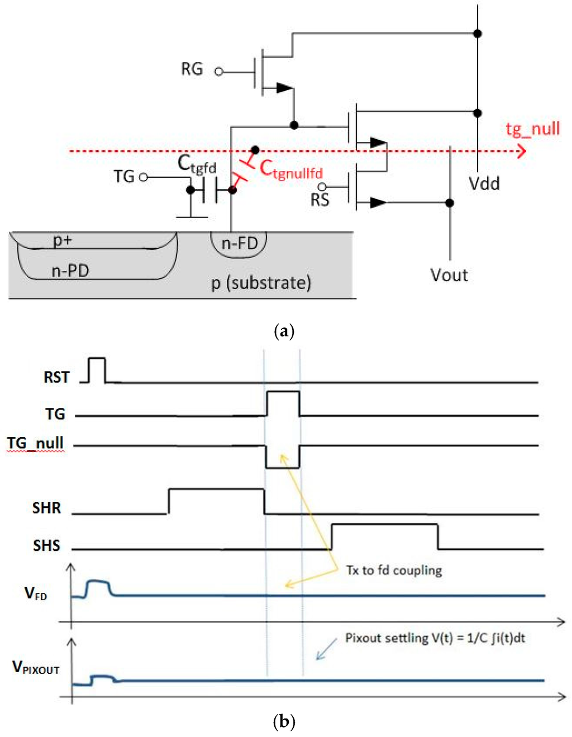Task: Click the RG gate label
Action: click(x=192, y=69)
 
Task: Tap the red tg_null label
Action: click(x=532, y=129)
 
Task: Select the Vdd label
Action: click(x=484, y=183)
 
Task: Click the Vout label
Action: click(x=449, y=275)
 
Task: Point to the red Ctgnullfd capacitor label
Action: click(x=291, y=169)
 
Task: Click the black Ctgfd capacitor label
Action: click(x=197, y=164)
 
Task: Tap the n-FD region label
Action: click(x=240, y=244)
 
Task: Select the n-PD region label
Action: click(x=70, y=271)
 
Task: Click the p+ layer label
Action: click(x=62, y=240)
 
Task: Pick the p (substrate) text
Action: click(x=261, y=283)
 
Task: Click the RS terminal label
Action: click(x=320, y=200)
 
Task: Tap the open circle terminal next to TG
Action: click(x=144, y=177)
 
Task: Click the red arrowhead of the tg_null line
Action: click(x=521, y=151)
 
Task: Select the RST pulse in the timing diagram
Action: click(x=97, y=369)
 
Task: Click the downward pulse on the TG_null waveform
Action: click(x=283, y=457)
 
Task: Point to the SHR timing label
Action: click(x=46, y=508)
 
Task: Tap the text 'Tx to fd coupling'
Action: click(x=394, y=570)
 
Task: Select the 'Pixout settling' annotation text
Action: click(x=435, y=638)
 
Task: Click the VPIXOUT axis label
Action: click(x=36, y=668)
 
